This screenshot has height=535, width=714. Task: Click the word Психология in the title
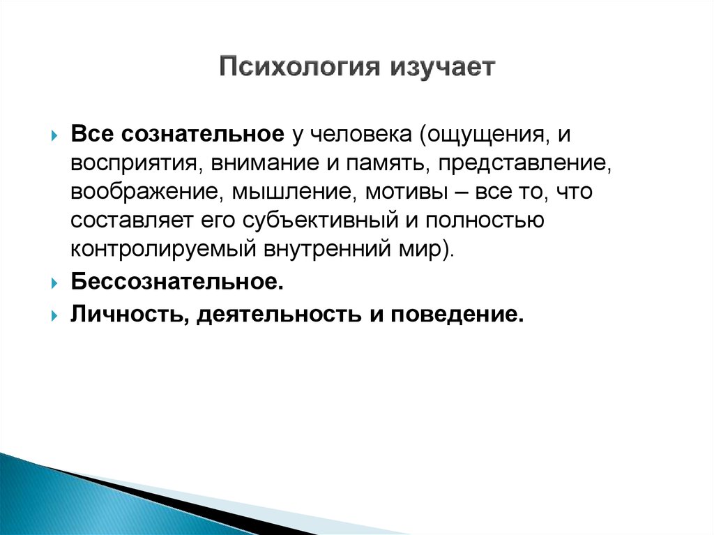[x=299, y=68]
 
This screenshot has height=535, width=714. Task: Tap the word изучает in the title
[x=442, y=68]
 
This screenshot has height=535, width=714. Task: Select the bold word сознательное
[x=203, y=135]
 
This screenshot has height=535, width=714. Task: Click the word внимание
[x=264, y=163]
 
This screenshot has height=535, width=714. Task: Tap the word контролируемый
[x=163, y=249]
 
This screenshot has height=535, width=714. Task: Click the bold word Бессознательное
[x=177, y=281]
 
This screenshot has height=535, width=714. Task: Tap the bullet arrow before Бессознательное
[x=54, y=283]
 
